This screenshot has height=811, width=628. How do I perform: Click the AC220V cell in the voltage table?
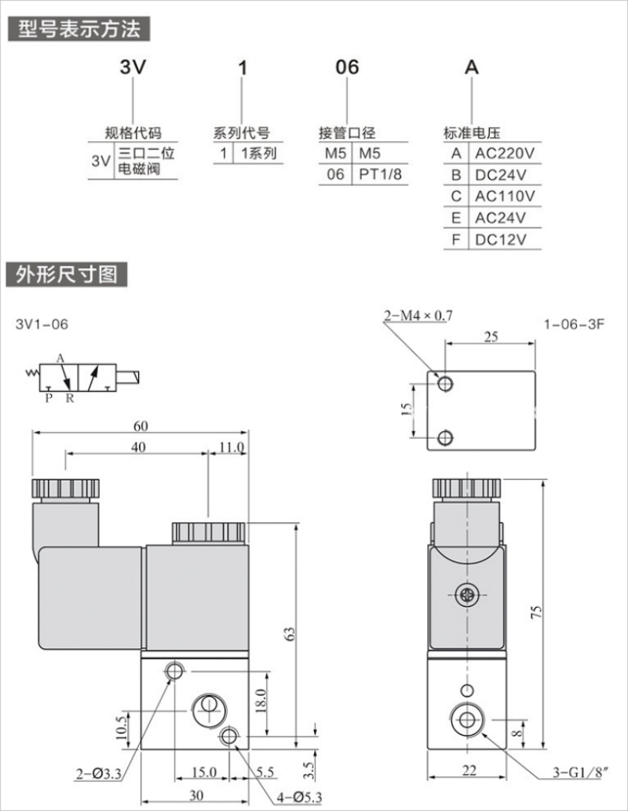coord(503,153)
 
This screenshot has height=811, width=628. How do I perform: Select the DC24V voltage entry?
coord(498,174)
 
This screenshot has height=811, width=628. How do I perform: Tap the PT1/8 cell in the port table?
coord(380,174)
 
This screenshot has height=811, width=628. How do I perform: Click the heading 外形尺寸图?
coord(67,275)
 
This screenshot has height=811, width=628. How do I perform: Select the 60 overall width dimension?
coord(141,426)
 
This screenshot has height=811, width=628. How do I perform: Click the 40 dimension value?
coord(138,447)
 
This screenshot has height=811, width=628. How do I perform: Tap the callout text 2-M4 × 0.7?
coord(418,316)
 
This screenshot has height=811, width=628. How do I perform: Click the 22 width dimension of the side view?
coord(469,770)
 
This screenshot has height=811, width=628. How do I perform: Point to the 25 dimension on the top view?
coord(491,337)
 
